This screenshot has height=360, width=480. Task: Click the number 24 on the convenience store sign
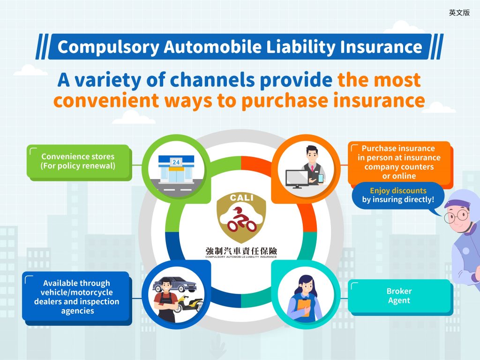(x=176, y=162)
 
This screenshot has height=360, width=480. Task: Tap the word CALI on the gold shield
(x=241, y=198)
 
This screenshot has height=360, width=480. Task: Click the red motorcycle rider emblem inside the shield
(x=242, y=220)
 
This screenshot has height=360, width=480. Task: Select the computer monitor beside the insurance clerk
(x=297, y=179)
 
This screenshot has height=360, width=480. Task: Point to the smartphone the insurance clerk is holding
(x=321, y=178)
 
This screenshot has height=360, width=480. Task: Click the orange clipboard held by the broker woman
(x=304, y=307)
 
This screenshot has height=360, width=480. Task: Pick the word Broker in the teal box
(x=399, y=291)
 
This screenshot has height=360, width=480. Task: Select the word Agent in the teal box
(x=399, y=300)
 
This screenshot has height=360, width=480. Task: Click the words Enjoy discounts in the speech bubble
(x=398, y=191)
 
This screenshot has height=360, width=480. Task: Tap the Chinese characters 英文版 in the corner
(x=459, y=13)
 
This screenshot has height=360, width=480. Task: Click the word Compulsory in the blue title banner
(x=108, y=47)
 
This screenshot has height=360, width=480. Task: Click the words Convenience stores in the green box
(x=78, y=157)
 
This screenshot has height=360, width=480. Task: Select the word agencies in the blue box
(x=77, y=311)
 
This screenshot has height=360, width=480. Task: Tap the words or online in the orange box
(x=399, y=176)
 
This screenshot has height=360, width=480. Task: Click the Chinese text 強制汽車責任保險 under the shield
(x=241, y=251)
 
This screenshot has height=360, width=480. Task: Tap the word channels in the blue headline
(x=212, y=80)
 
